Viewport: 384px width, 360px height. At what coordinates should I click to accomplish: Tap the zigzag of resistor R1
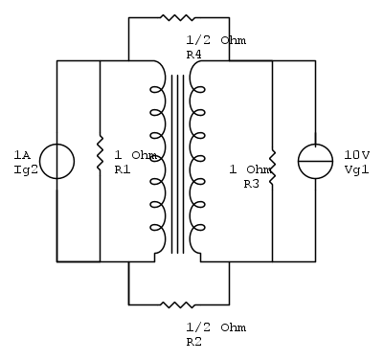click(101, 153)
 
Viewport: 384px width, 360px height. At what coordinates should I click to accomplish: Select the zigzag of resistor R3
click(272, 168)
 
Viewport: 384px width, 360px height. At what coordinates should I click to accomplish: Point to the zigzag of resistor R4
click(177, 18)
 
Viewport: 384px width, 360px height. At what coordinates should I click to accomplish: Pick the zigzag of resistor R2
click(177, 304)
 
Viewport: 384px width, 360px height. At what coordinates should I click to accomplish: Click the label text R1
click(123, 169)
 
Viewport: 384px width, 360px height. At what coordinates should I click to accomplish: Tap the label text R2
click(194, 342)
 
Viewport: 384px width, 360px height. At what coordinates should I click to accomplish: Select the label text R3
click(252, 184)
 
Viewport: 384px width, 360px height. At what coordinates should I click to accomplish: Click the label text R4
click(194, 55)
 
